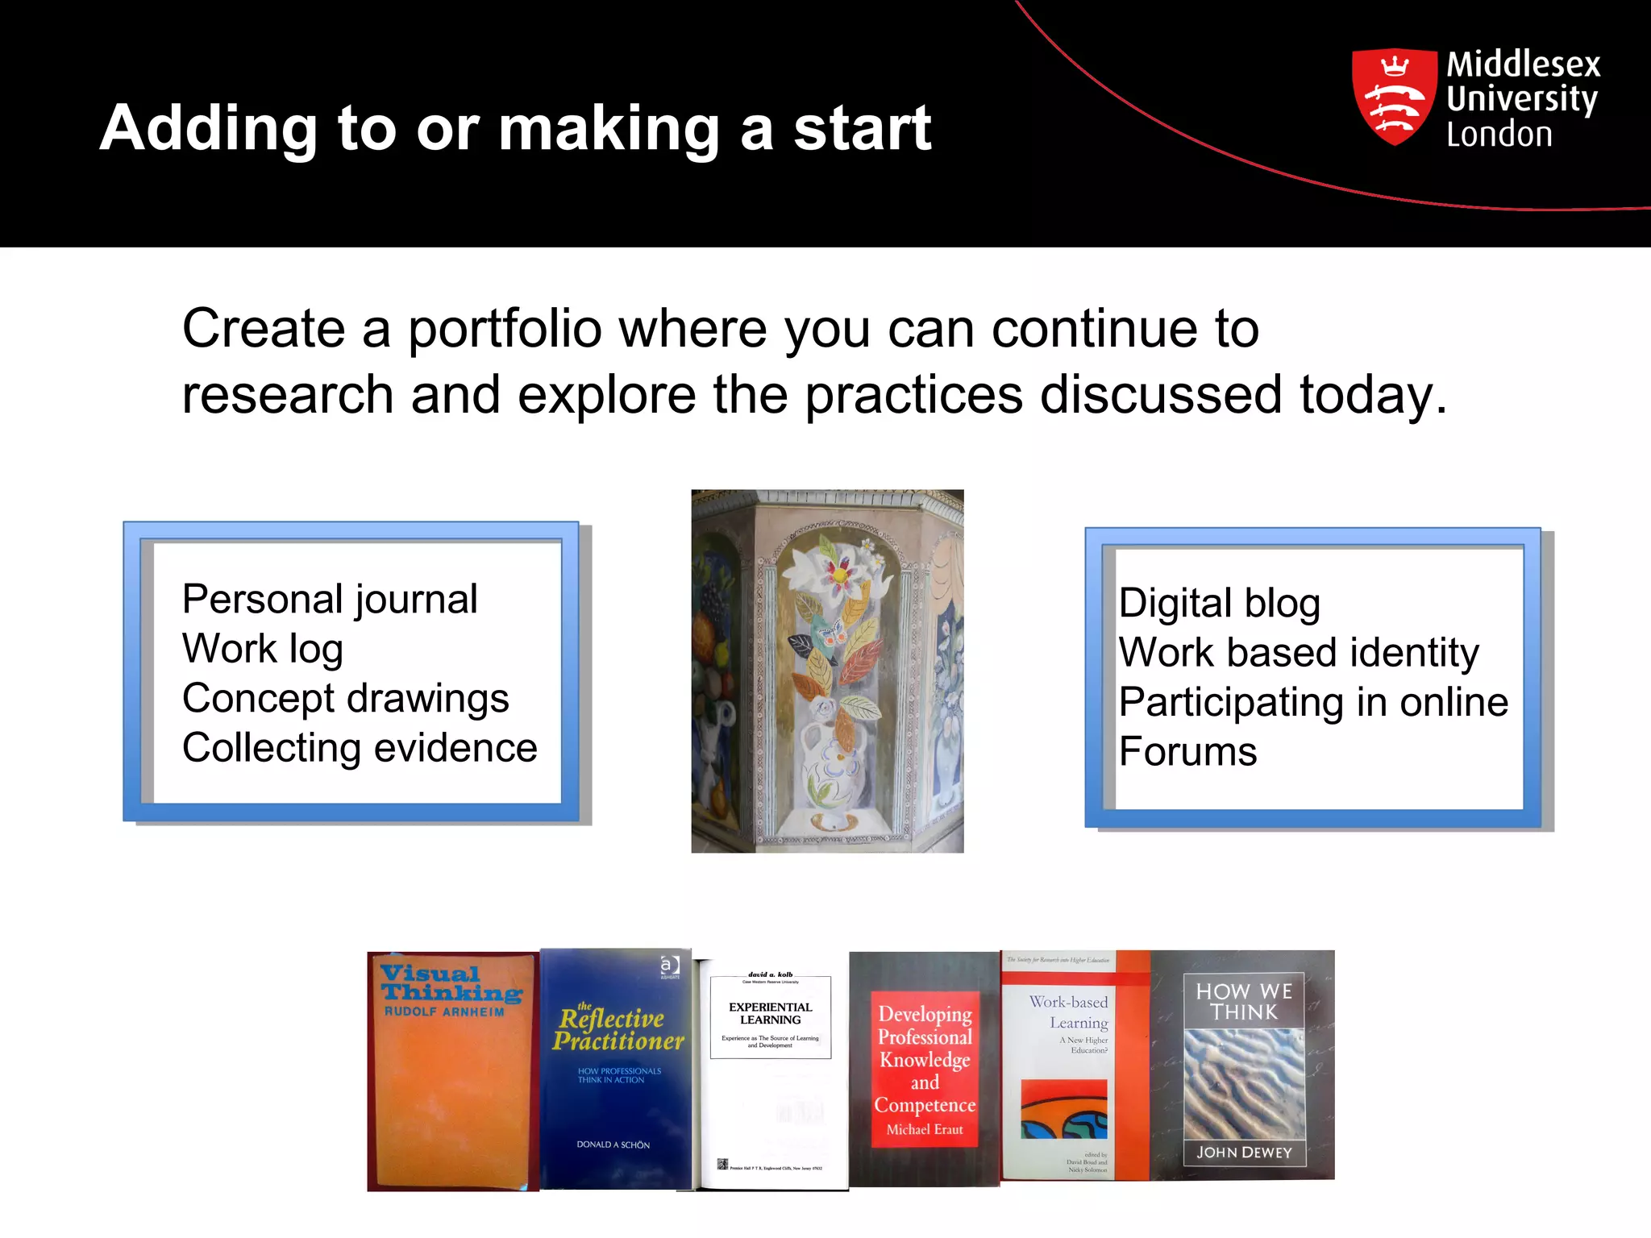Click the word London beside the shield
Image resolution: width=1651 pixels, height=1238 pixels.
(x=1499, y=135)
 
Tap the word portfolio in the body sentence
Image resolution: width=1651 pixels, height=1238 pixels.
(x=505, y=329)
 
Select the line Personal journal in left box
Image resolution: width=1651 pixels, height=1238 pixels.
(x=330, y=599)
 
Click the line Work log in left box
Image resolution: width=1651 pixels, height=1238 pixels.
(x=263, y=649)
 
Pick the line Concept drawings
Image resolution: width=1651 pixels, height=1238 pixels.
(x=345, y=698)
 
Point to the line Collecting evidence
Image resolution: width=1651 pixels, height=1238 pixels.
(x=360, y=748)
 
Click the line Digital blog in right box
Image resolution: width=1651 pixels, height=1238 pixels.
(x=1219, y=603)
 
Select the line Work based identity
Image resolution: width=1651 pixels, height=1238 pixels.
(x=1299, y=652)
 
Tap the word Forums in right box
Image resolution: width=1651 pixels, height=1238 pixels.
(x=1187, y=752)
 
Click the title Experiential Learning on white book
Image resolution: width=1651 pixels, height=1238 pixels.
(x=770, y=1013)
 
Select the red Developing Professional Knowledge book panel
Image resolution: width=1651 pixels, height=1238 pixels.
(x=925, y=1068)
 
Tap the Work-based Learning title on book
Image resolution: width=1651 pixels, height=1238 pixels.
(x=1069, y=1012)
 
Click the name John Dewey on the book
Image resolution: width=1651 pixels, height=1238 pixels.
(x=1243, y=1152)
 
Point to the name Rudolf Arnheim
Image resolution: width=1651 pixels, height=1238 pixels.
(x=443, y=1012)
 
